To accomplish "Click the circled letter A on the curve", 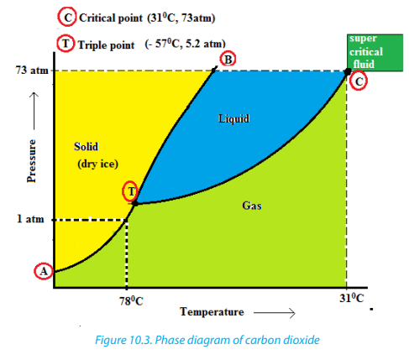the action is [x=44, y=271].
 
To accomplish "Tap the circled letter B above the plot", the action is [x=228, y=60].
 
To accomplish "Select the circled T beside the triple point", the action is [x=131, y=191].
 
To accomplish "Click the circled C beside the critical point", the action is [x=359, y=81].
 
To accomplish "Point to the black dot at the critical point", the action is [x=348, y=71].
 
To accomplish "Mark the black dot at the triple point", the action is [x=135, y=203].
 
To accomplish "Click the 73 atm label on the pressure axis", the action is [x=32, y=70].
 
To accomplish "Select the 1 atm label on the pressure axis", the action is [x=30, y=219].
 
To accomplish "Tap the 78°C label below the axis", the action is [x=131, y=301].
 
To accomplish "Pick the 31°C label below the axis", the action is [x=352, y=298].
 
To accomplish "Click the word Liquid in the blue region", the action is [x=233, y=119].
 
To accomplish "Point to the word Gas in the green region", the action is [x=252, y=206].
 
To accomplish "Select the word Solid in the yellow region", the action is [x=86, y=147].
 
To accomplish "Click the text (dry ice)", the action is [x=97, y=164].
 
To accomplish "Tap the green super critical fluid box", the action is [x=375, y=53].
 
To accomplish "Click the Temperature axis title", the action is [x=212, y=312].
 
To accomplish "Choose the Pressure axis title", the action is [x=31, y=161].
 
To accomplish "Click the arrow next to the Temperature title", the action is [x=275, y=313].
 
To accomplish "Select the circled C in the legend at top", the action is [x=67, y=18].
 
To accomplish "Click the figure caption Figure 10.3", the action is [x=207, y=340].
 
